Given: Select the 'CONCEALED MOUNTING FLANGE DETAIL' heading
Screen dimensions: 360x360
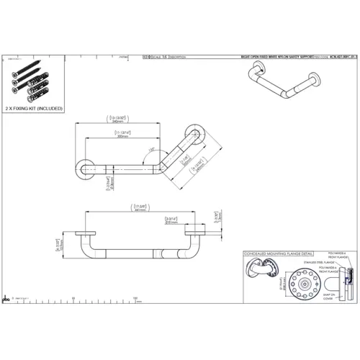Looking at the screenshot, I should pos(276,254).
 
